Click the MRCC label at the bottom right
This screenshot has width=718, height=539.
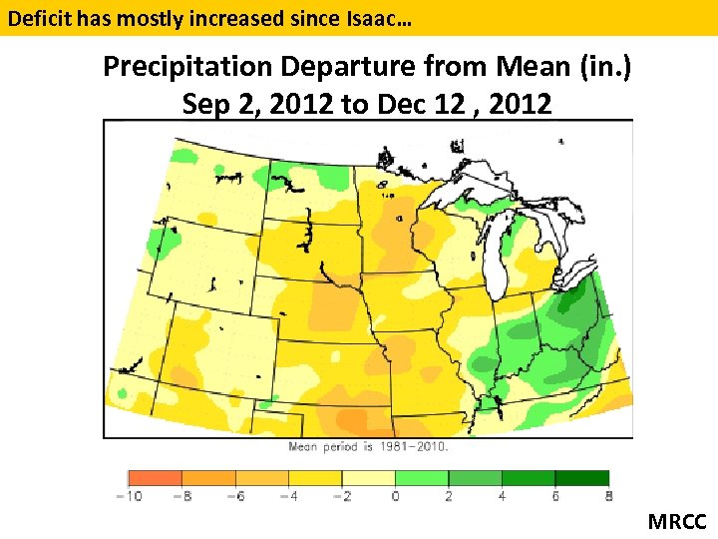676,521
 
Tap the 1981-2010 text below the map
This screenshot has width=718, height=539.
417,447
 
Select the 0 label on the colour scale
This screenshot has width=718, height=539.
395,496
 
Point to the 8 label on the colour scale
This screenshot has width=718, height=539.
607,496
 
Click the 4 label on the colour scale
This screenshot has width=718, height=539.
502,496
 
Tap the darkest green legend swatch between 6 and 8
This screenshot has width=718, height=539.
581,478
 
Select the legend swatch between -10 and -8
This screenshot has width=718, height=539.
155,478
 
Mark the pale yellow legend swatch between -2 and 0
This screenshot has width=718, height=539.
368,478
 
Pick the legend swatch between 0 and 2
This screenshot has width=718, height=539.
422,478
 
